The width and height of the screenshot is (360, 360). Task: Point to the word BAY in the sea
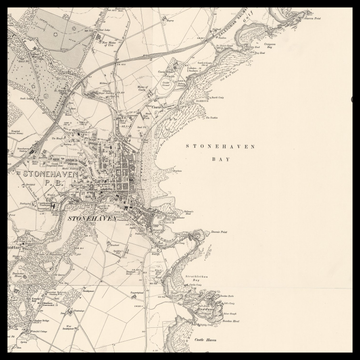point(221,159)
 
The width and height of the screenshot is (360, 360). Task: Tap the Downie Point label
point(221,231)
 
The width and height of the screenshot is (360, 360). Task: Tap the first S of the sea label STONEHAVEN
point(190,146)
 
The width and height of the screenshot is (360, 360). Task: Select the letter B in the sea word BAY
point(215,159)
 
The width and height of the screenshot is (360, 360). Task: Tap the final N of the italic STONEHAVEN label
point(114,216)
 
